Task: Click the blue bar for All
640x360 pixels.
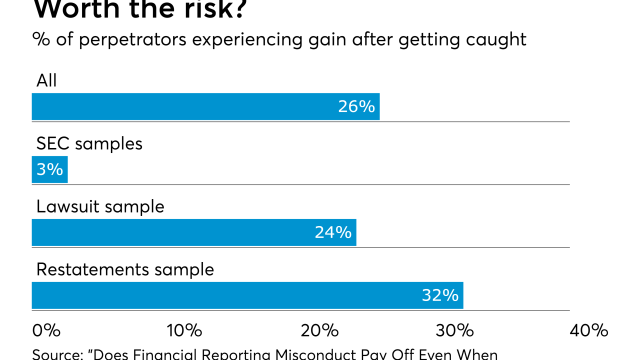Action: (205, 106)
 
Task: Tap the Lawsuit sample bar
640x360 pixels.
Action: (194, 232)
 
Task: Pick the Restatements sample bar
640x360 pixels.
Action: (247, 295)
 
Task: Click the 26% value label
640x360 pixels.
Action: (356, 106)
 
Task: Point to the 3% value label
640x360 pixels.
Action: (49, 169)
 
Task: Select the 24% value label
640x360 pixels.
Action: (333, 232)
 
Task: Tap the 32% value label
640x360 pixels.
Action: (440, 295)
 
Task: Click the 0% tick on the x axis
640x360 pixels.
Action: (46, 330)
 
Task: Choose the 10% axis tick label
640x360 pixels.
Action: (184, 330)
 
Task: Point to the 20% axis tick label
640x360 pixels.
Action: (320, 330)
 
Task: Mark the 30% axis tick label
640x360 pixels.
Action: (455, 330)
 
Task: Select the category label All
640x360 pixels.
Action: (46, 80)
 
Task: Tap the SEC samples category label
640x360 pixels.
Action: (89, 143)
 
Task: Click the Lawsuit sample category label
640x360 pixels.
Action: (100, 206)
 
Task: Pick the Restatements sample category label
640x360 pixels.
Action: (125, 269)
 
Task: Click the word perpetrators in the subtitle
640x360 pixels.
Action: (132, 39)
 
